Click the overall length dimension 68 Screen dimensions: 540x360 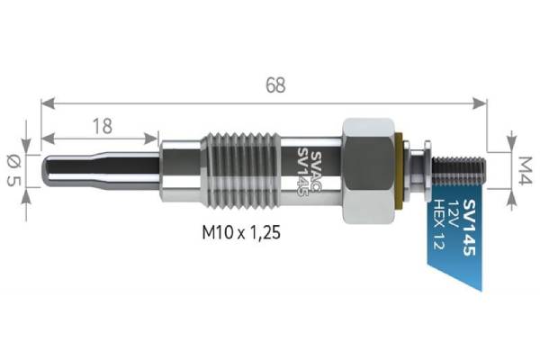pos(275,85)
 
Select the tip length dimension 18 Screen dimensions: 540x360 pos(103,126)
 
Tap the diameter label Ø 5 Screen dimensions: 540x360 pos(14,170)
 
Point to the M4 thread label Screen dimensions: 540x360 pos(525,170)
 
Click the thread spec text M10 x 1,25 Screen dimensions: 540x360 pos(241,232)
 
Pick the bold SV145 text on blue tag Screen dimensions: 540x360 pos(469,227)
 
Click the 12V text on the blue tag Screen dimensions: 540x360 pos(452,213)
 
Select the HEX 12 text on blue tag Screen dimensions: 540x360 pos(438,224)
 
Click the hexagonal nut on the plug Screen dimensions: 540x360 pos(368,170)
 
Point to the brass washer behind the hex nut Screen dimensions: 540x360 pos(399,170)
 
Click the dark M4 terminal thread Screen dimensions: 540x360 pos(459,170)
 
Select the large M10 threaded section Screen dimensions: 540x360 pos(242,170)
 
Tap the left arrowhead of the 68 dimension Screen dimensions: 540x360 pos(48,103)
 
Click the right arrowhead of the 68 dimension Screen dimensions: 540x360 pos(480,103)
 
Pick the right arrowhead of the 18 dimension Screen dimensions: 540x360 pos(151,139)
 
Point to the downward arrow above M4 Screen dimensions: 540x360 pos(512,141)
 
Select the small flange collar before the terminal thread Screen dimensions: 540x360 pos(427,170)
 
